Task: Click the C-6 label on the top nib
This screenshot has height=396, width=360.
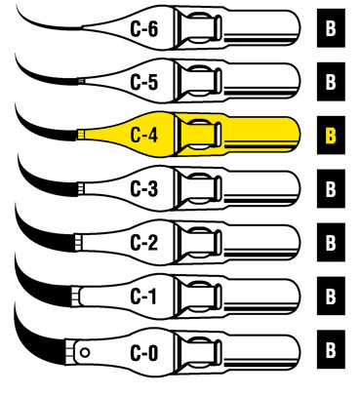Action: (x=144, y=29)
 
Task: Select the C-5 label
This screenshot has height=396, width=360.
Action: (x=144, y=82)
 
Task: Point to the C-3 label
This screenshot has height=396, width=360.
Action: (x=144, y=187)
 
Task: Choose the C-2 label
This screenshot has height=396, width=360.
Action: (x=144, y=241)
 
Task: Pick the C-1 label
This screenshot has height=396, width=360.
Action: (x=144, y=294)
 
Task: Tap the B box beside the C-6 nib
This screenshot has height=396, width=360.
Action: (x=332, y=29)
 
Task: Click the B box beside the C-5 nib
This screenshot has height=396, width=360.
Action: (x=332, y=82)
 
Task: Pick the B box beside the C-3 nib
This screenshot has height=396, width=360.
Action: (x=332, y=187)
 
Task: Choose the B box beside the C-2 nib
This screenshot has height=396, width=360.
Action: (x=332, y=241)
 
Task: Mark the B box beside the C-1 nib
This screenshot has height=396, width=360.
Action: (x=332, y=294)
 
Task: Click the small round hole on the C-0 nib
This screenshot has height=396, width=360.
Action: (x=86, y=350)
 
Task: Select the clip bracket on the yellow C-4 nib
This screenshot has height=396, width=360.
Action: (x=199, y=135)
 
